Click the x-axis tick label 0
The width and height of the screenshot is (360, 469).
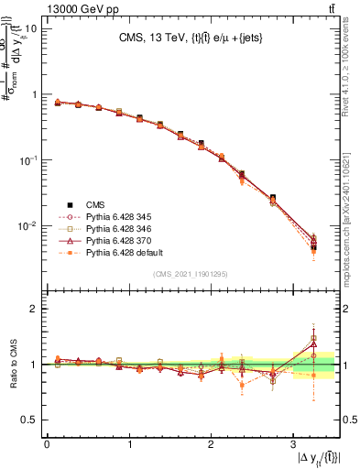pyautogui.click(x=47, y=443)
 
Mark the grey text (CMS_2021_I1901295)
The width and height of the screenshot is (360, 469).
pyautogui.click(x=192, y=275)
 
